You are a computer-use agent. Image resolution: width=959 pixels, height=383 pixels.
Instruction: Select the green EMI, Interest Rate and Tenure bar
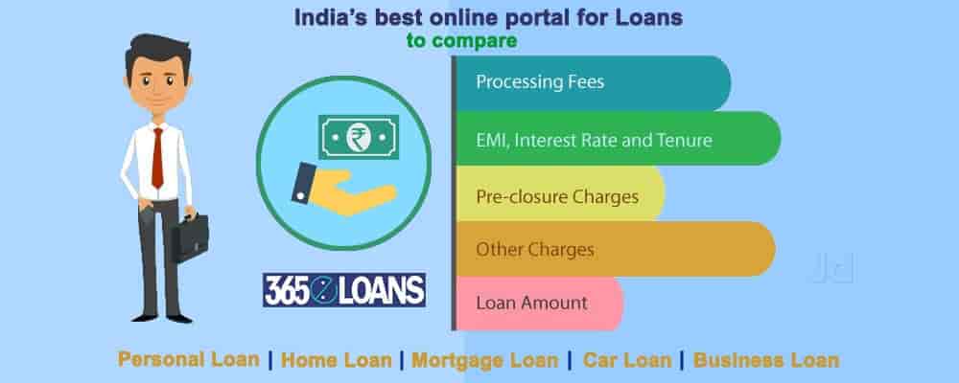click(x=619, y=139)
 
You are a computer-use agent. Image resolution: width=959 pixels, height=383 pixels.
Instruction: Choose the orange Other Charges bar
click(x=616, y=249)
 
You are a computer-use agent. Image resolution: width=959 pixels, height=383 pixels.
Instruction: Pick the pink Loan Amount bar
click(x=539, y=304)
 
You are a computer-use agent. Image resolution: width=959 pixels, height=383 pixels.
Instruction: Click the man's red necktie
click(x=158, y=158)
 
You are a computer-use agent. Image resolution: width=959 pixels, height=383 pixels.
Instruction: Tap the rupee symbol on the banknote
click(x=359, y=137)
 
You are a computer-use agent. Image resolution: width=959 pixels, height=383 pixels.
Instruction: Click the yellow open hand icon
click(x=344, y=191)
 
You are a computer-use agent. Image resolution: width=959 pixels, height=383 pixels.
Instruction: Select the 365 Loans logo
click(x=344, y=289)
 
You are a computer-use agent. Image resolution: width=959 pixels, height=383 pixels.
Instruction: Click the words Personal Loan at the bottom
click(x=188, y=359)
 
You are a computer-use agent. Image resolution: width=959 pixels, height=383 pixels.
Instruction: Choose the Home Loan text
click(x=337, y=360)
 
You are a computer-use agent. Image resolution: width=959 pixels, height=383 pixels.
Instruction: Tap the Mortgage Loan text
click(x=485, y=360)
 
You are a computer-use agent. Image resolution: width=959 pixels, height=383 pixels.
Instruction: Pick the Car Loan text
click(x=627, y=360)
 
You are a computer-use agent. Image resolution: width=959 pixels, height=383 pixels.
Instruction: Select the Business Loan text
click(x=766, y=360)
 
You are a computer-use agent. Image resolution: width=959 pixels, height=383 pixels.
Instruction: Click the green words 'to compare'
click(x=462, y=41)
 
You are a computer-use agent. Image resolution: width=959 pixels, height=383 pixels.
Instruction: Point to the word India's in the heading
click(x=331, y=17)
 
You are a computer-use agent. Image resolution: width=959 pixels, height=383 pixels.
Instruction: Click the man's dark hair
click(x=158, y=52)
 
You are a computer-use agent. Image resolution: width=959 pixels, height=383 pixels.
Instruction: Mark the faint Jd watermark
click(x=832, y=267)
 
